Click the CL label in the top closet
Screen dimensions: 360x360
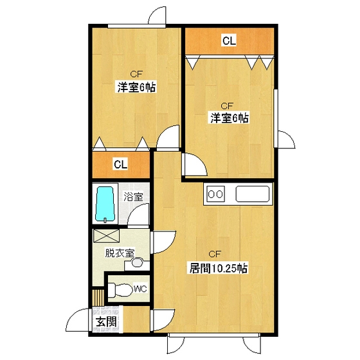coord(229,41)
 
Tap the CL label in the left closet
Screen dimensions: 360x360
coord(120,164)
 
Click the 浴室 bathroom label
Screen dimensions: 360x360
coord(133,197)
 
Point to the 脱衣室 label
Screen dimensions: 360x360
coord(120,253)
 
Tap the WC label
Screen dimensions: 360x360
coord(139,289)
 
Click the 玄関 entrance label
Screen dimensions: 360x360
coord(107,323)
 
